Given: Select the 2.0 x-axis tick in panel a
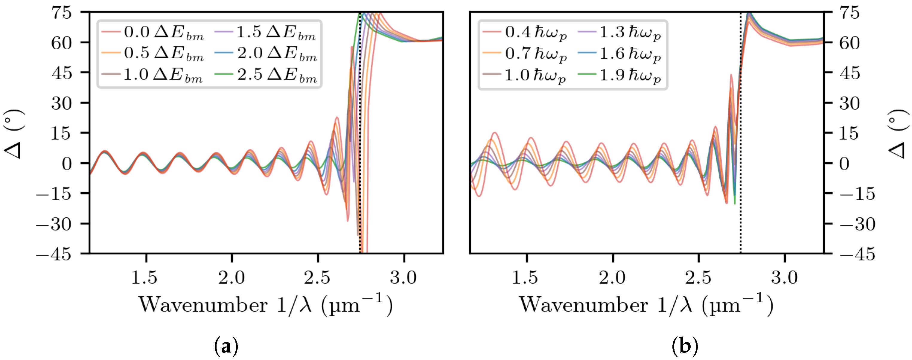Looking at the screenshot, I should (x=232, y=277).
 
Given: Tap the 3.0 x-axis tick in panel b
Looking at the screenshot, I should (x=785, y=277).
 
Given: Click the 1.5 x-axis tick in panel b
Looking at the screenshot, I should (x=525, y=277).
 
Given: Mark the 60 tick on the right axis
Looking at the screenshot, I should (x=849, y=43).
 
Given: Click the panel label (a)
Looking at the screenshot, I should (x=226, y=346).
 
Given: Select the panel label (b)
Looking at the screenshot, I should (x=685, y=346).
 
